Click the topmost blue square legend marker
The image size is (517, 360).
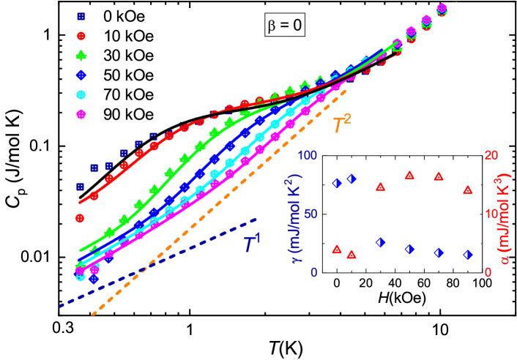(81, 16)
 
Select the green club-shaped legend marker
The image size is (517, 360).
(81, 55)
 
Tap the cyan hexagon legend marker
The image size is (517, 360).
(81, 94)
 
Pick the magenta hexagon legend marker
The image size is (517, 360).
(81, 114)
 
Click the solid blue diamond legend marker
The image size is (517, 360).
(81, 75)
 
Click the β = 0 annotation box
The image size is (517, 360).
(284, 26)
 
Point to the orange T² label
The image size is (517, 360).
(341, 124)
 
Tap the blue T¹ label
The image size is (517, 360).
(253, 244)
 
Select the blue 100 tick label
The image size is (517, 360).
(307, 156)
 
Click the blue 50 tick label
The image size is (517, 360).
(310, 214)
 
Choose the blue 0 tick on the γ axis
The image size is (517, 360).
(313, 272)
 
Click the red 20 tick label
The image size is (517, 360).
(491, 156)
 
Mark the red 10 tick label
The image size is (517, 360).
(491, 214)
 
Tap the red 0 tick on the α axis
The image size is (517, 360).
(488, 272)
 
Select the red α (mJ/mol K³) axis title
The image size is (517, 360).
(505, 220)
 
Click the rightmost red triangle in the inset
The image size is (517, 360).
(467, 190)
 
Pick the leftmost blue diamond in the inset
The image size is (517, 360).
(336, 184)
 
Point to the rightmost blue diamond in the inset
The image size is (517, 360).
(467, 255)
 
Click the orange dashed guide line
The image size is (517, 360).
(220, 213)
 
